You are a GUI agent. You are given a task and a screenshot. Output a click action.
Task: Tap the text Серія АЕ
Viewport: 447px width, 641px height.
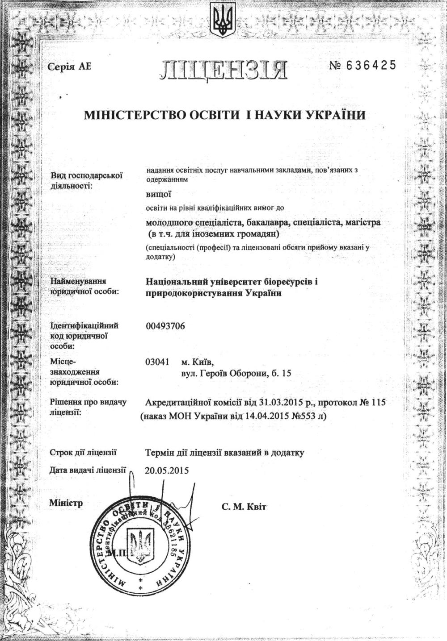(69, 67)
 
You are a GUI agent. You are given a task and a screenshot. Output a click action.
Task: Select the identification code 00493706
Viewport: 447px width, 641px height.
(165, 326)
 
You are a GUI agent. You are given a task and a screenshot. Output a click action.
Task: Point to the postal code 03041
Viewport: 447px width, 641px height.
(157, 362)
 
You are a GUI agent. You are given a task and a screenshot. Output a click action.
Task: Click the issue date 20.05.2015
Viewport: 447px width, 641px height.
(167, 470)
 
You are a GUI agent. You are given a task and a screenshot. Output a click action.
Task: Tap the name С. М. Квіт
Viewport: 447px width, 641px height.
(244, 507)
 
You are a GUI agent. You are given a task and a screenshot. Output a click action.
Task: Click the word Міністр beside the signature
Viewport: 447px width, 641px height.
(66, 503)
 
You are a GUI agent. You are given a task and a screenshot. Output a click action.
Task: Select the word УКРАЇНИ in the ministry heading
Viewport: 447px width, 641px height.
(336, 116)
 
